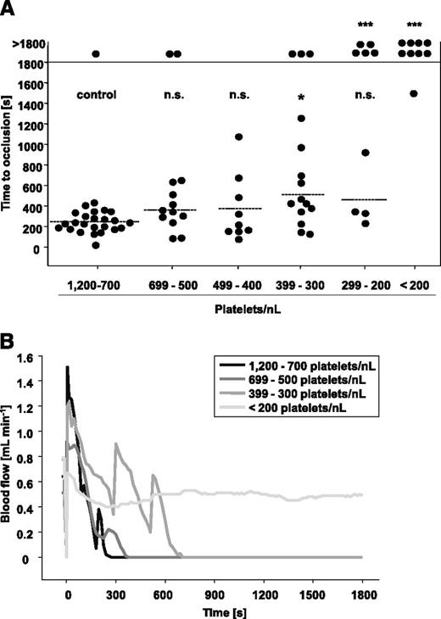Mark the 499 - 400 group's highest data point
[239, 137]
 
